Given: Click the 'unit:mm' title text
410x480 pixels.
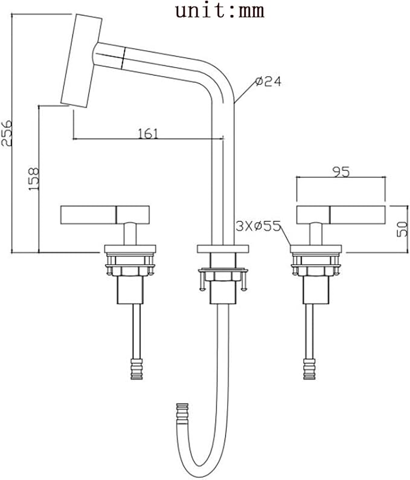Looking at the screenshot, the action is [x=220, y=10].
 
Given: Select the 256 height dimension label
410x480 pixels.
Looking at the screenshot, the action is [x=7, y=133].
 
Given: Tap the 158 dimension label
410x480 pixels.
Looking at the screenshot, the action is [x=34, y=179].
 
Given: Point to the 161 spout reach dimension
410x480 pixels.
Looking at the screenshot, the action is [x=148, y=134].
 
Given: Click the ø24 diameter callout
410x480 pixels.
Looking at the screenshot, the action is [x=268, y=82].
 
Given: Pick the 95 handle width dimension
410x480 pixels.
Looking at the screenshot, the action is [x=341, y=172].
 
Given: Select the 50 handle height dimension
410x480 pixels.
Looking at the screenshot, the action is [x=402, y=229].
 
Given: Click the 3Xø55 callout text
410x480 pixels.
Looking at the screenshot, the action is [x=258, y=226].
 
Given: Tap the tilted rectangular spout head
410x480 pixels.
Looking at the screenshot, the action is [x=82, y=60].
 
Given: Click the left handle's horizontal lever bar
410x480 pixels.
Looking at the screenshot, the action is [x=105, y=215].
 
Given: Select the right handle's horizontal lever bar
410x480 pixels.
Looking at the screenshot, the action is [x=341, y=215].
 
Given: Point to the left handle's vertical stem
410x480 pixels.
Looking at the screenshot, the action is [x=130, y=234].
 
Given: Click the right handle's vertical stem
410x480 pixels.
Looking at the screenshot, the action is [x=316, y=234].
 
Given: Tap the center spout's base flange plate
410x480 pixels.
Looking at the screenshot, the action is [x=223, y=249].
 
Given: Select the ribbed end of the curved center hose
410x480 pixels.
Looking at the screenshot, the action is [x=182, y=414].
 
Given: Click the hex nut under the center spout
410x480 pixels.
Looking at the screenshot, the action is [x=223, y=276].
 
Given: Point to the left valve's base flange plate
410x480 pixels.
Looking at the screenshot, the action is [x=130, y=249].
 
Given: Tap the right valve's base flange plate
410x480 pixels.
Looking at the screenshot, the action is [x=316, y=249].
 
